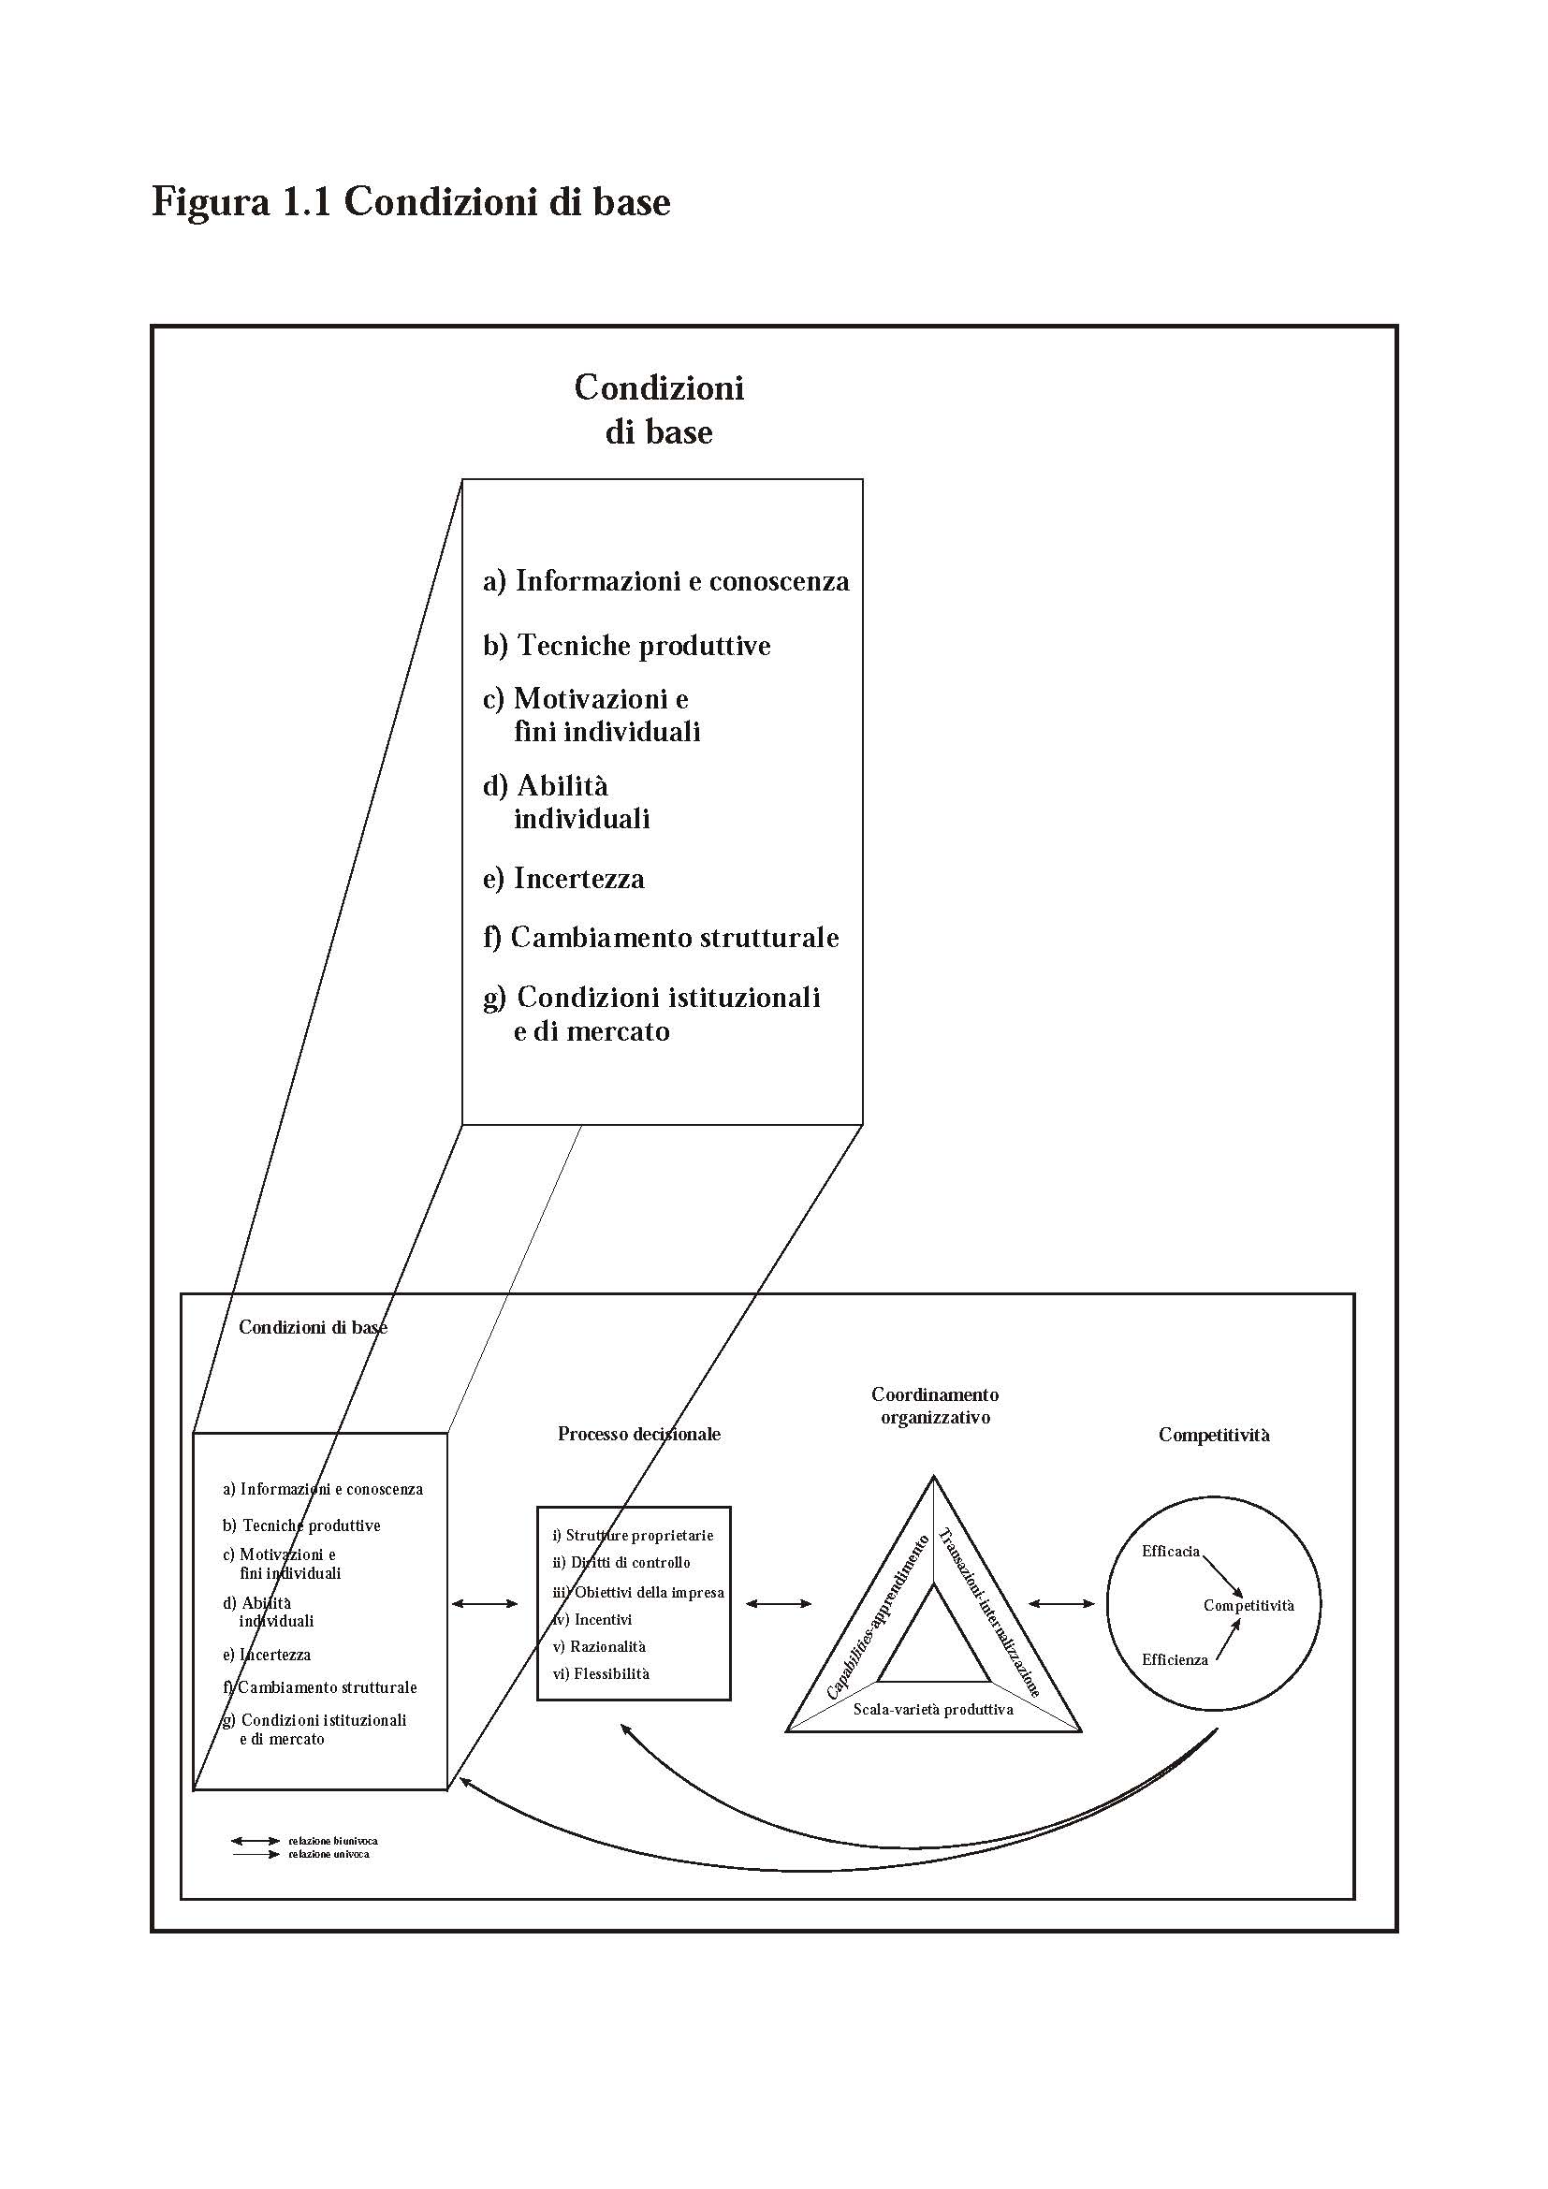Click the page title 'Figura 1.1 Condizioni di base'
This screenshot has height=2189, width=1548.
click(x=411, y=202)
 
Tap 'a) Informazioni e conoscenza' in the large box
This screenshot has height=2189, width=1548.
click(x=665, y=580)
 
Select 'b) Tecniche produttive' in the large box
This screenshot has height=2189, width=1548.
click(x=626, y=646)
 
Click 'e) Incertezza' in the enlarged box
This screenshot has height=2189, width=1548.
click(x=563, y=878)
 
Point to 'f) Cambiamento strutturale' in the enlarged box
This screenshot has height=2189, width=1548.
click(x=661, y=937)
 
